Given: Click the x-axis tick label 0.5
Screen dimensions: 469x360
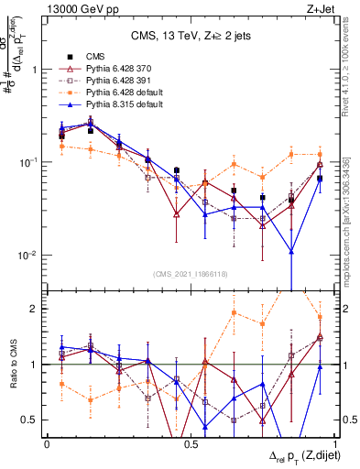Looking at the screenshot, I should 190,443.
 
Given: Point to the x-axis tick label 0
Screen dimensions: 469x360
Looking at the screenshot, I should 47,443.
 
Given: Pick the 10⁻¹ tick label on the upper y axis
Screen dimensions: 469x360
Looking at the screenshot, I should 28,162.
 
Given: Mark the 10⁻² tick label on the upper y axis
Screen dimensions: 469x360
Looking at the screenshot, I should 28,255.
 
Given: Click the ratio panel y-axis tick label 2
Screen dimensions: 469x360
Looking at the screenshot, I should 35,309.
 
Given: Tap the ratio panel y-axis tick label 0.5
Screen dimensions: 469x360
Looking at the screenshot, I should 31,420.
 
